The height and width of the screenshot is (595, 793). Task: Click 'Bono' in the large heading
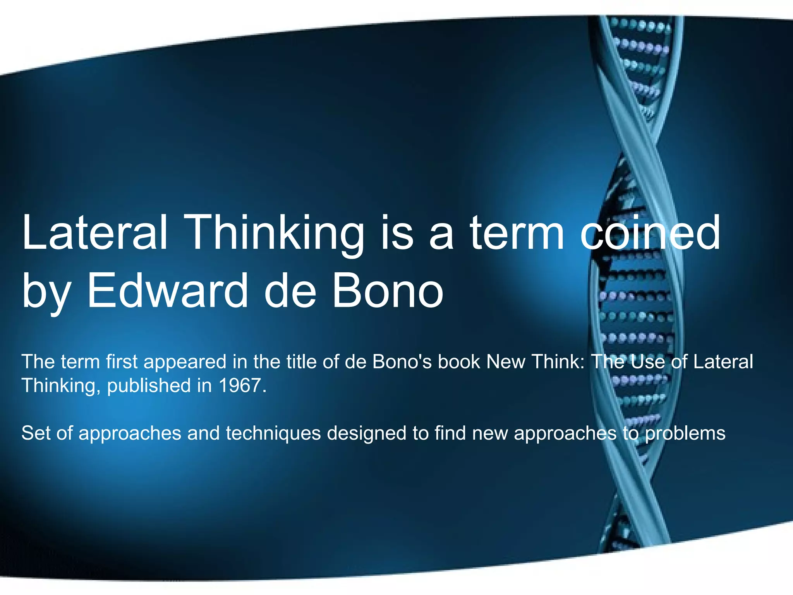point(387,291)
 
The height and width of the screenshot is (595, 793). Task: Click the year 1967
point(242,385)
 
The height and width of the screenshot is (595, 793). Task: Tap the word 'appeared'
point(185,362)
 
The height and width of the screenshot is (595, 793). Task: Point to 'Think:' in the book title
point(558,361)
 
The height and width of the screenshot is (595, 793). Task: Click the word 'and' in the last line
point(203,433)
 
